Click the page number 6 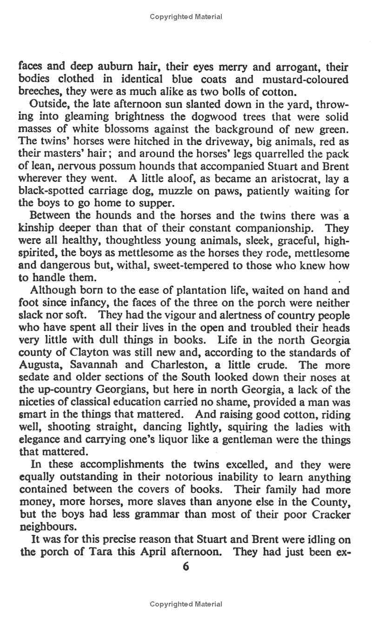pos(186,567)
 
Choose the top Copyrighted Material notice pos(186,17)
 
